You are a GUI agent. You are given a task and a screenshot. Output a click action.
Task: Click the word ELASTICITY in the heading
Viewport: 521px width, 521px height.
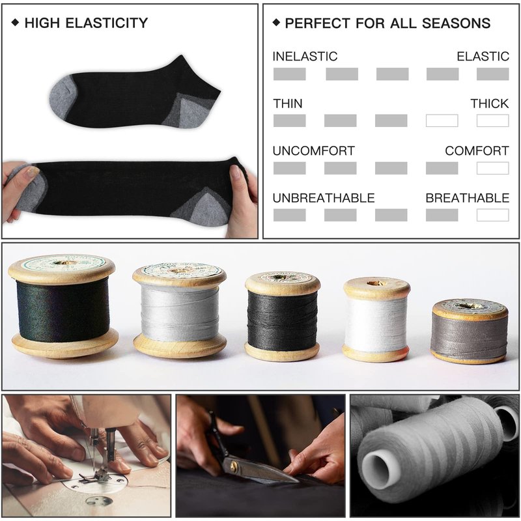click(107, 23)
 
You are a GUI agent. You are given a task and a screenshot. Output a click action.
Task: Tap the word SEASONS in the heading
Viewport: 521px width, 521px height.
click(456, 23)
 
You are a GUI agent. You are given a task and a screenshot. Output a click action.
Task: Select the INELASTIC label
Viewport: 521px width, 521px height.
click(305, 56)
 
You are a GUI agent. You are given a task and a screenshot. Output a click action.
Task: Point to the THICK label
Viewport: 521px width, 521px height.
click(490, 104)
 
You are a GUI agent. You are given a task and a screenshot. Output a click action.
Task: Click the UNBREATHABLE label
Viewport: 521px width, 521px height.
click(324, 198)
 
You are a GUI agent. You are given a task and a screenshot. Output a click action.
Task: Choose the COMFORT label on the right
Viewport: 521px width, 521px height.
click(477, 151)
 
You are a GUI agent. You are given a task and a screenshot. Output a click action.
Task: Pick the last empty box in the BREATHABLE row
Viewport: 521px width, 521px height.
click(493, 215)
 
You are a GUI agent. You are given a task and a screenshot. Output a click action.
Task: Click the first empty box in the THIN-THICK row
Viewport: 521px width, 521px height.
click(442, 120)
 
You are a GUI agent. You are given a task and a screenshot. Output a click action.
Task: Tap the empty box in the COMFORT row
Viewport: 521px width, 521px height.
click(493, 168)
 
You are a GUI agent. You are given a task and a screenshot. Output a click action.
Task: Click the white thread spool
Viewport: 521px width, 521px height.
click(376, 320)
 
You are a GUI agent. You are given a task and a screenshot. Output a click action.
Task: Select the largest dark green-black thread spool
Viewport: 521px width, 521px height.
click(63, 305)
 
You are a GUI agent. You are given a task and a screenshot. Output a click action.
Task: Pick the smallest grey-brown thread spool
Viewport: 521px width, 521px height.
click(469, 331)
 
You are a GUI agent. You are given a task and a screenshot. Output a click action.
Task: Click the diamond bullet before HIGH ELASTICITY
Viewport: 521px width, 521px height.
click(15, 23)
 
